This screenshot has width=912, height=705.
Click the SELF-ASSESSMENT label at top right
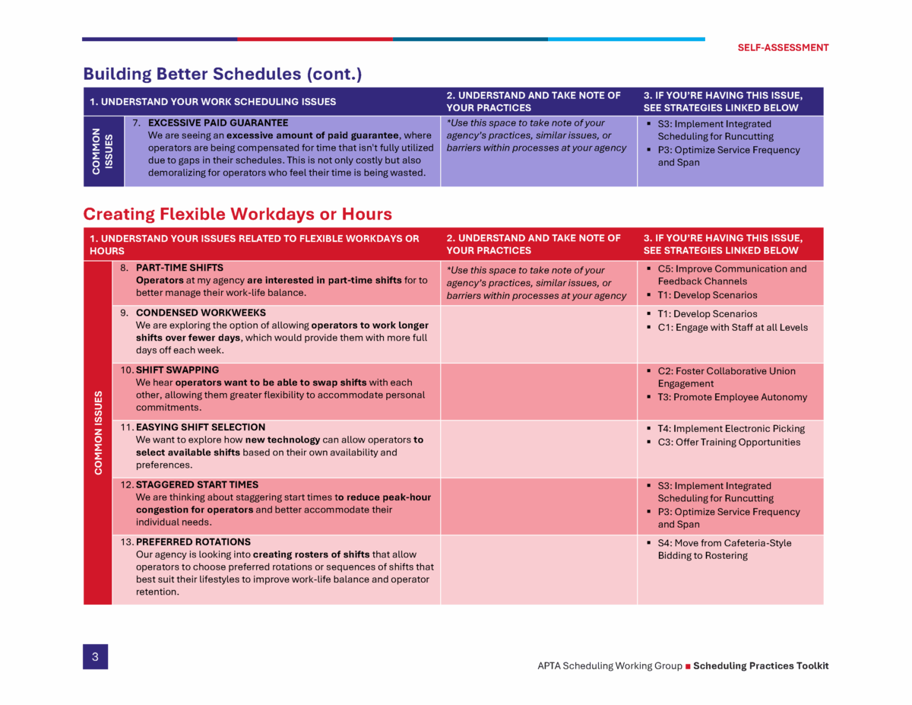coord(783,47)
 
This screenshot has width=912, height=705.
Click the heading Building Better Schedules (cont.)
coord(222,74)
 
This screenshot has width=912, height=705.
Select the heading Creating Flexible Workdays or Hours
coord(237,214)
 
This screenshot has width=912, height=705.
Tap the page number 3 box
coord(95,657)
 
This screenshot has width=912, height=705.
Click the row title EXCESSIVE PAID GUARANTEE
coord(217,122)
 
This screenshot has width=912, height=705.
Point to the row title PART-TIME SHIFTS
coord(179,268)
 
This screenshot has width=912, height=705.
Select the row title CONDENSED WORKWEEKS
coord(201,313)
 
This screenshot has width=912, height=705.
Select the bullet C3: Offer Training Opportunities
coord(727,442)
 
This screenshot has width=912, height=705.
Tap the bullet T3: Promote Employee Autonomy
coord(733,397)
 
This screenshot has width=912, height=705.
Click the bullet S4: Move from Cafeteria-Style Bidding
coord(724,549)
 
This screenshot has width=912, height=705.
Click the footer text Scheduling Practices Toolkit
coord(761,665)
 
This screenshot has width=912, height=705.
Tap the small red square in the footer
coord(688,666)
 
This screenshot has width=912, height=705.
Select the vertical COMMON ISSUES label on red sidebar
coord(98,433)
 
